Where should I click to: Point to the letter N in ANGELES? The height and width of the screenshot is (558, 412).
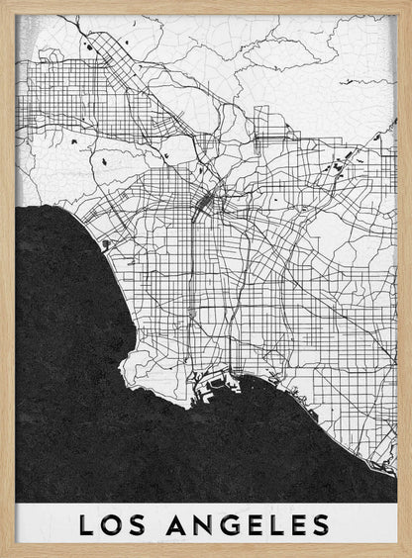pyautogui.click(x=200, y=524)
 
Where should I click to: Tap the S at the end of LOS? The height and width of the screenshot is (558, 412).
pyautogui.click(x=139, y=524)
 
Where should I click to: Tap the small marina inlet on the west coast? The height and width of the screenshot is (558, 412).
pyautogui.click(x=106, y=242)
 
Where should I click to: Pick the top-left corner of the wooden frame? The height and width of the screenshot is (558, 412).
pyautogui.click(x=3, y=3)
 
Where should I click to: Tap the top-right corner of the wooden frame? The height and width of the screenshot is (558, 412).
pyautogui.click(x=408, y=3)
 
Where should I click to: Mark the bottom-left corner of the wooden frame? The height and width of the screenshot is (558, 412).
pyautogui.click(x=3, y=554)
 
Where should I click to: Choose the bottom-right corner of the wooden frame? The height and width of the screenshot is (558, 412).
pyautogui.click(x=408, y=554)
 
